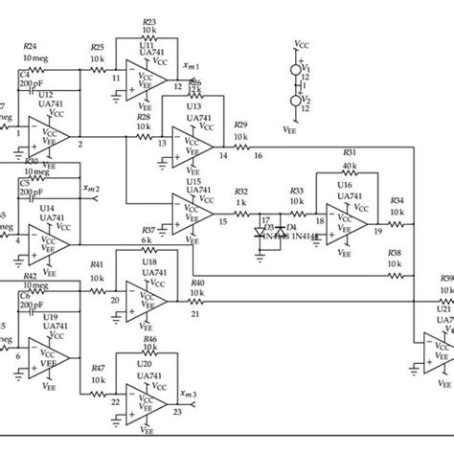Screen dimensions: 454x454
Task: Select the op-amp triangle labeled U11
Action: coord(152,83)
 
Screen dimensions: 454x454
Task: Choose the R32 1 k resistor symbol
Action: coord(240,212)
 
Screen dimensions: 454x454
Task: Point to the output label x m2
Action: coord(92,189)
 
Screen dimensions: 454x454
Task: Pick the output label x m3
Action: coord(189,395)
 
